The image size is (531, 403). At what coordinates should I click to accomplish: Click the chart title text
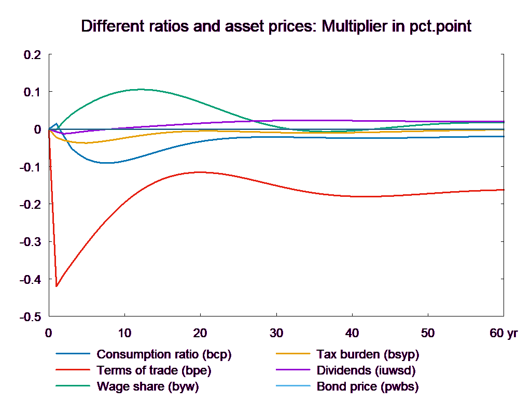[276, 26]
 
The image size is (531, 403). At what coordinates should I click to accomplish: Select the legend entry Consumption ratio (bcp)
[163, 355]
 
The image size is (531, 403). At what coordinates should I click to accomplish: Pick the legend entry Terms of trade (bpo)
[154, 371]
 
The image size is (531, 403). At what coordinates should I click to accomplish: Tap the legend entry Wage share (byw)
[148, 386]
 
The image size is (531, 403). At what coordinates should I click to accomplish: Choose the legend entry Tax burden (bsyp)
[367, 355]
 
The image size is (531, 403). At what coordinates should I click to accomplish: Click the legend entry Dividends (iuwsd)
[366, 371]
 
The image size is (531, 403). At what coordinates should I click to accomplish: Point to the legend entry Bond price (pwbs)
[367, 386]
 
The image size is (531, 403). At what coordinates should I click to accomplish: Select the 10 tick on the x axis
[124, 333]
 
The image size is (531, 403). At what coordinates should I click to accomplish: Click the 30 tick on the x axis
[276, 333]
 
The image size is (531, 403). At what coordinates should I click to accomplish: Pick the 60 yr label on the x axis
[504, 333]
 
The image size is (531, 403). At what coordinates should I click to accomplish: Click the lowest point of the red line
[57, 286]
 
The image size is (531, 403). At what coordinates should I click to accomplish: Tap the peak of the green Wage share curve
[140, 89]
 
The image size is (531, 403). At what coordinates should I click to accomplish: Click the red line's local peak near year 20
[200, 172]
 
